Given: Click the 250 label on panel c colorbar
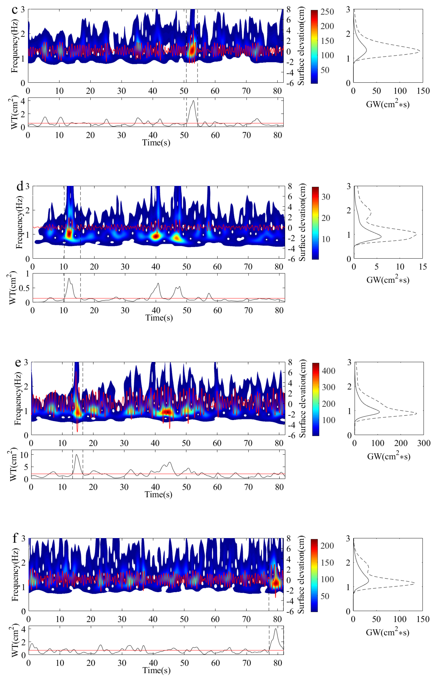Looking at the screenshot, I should (x=327, y=12).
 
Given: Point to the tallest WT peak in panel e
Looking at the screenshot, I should (x=76, y=455).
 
